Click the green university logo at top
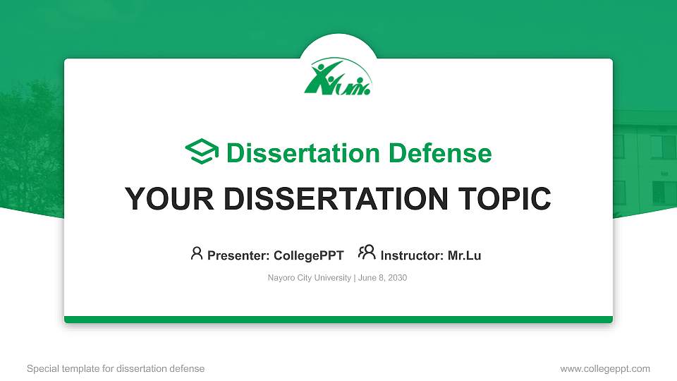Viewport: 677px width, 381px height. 338,76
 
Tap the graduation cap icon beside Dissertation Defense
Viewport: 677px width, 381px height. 202,152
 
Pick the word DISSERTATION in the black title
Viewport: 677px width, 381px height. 331,199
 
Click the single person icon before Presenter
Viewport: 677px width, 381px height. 197,253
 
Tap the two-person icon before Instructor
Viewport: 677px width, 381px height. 367,253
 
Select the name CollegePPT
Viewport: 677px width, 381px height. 308,255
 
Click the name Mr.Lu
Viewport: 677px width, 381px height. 464,255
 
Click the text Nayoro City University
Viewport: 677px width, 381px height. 309,278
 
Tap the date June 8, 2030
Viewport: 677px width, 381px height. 383,278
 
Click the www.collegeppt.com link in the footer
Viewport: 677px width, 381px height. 605,369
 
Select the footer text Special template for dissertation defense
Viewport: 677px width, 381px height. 116,369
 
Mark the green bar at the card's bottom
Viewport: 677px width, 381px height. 338,320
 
